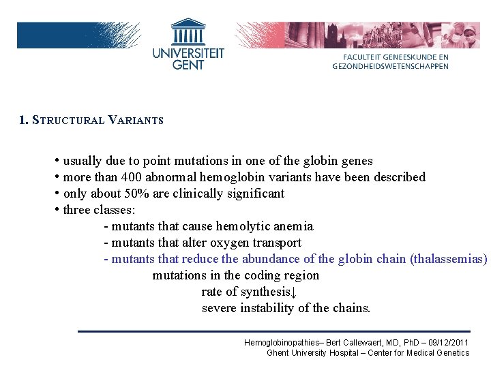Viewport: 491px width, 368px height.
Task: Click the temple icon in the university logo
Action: click(188, 32)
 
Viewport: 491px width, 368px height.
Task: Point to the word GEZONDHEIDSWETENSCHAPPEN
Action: click(391, 66)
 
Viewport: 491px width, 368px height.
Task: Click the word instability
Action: click(270, 308)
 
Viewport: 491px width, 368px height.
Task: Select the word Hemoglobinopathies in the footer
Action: click(283, 342)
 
